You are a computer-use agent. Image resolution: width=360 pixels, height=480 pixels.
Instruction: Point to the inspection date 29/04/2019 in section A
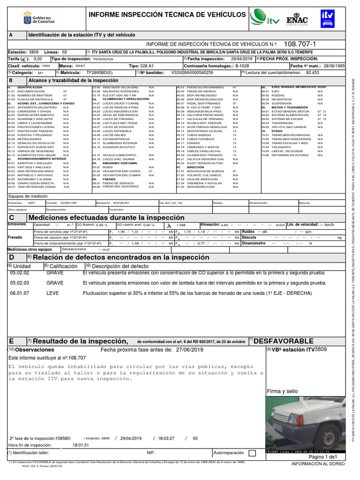[241, 59]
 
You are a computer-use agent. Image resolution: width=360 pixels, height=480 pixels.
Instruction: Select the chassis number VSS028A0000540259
[192, 73]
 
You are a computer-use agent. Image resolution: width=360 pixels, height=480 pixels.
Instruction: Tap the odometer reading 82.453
[312, 73]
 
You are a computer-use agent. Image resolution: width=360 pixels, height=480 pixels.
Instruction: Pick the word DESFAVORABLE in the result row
[284, 340]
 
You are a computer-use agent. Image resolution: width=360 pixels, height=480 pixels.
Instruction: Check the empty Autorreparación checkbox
[252, 453]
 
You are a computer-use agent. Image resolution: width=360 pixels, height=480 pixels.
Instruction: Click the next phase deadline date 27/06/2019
[191, 350]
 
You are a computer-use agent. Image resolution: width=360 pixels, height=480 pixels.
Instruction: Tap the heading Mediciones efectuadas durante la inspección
[106, 218]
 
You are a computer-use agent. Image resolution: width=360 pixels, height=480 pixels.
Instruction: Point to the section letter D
[12, 258]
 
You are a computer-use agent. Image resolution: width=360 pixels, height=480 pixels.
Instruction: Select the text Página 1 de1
[322, 457]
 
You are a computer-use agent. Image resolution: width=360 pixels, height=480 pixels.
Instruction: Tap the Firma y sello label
[282, 391]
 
